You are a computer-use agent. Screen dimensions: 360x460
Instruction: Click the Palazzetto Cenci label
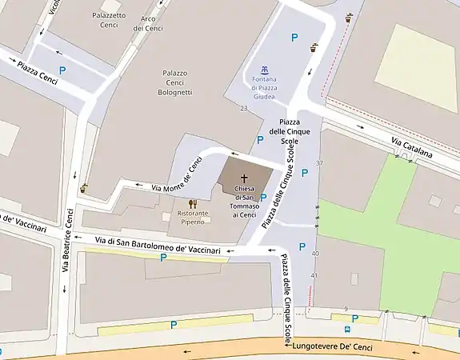coord(108,19)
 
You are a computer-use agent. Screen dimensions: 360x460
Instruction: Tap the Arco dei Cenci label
coord(148,23)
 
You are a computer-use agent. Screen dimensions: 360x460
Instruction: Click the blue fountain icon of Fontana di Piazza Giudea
coord(265,69)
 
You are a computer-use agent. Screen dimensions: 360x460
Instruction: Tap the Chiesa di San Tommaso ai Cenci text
coord(245,202)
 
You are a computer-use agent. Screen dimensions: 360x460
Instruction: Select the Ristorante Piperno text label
coord(192,218)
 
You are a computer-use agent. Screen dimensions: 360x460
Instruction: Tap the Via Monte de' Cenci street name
coord(169,178)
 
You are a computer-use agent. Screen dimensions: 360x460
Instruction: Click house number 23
coord(243,108)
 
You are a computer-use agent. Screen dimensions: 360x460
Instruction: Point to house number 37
coord(319,163)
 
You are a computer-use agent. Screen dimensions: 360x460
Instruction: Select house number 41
coord(314,276)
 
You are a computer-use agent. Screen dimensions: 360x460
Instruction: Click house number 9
coord(346,309)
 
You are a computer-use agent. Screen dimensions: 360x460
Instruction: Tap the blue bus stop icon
coord(347,328)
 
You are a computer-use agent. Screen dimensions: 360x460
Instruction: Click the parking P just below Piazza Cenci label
coord(62,71)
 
